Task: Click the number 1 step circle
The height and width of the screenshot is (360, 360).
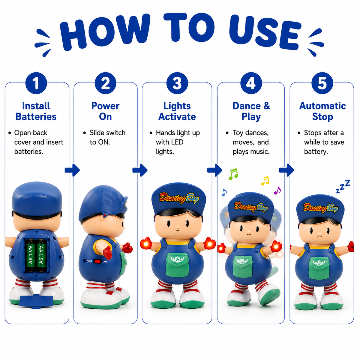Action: click(36, 83)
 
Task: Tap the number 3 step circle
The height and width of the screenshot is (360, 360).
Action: click(177, 83)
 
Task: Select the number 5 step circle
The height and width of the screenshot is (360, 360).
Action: click(322, 83)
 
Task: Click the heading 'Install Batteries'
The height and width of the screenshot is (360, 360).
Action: click(36, 111)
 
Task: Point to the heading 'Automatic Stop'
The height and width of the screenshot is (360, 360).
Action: click(322, 111)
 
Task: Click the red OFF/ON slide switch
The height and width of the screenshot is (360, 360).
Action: click(97, 261)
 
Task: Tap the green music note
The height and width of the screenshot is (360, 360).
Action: click(233, 174)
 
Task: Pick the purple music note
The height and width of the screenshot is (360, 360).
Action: click(277, 190)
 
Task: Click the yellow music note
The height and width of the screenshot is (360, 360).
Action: click(265, 181)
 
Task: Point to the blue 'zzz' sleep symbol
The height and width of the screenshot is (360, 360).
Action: click(343, 186)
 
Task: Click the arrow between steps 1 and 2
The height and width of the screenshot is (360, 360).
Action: click(72, 170)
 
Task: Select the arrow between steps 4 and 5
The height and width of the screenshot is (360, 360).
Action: click(286, 170)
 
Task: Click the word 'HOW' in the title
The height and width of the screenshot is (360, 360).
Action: click(105, 32)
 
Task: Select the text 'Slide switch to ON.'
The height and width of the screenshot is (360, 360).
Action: click(107, 137)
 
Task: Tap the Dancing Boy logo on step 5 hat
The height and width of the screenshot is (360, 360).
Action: click(321, 208)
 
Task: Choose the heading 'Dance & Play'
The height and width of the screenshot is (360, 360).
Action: click(251, 111)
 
